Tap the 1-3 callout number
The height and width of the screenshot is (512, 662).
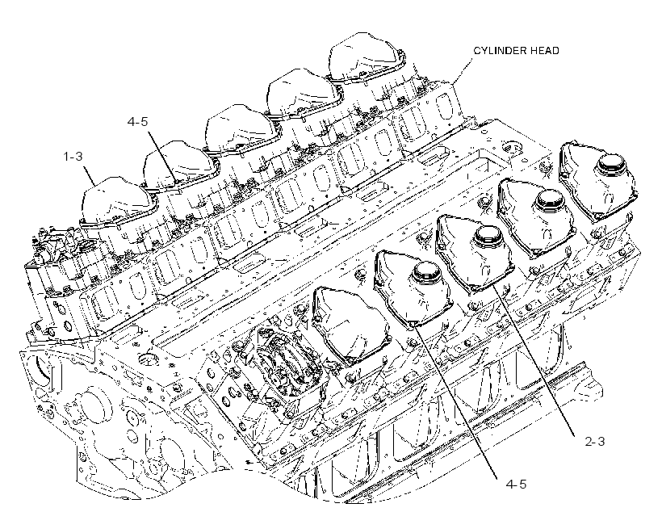(x=73, y=157)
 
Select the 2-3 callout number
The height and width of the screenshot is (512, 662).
(x=594, y=442)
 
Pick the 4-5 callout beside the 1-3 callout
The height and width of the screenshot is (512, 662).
(x=137, y=122)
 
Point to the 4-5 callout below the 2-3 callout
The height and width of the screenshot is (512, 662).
(x=516, y=484)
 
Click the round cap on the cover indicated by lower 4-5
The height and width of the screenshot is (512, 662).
(x=427, y=274)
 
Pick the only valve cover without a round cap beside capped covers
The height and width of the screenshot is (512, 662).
(x=350, y=323)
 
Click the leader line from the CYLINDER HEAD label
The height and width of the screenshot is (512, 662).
(x=463, y=70)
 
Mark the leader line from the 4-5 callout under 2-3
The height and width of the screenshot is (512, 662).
(x=457, y=401)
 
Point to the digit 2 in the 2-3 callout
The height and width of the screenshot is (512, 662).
(x=588, y=442)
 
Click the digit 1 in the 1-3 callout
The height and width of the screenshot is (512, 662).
(x=66, y=157)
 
